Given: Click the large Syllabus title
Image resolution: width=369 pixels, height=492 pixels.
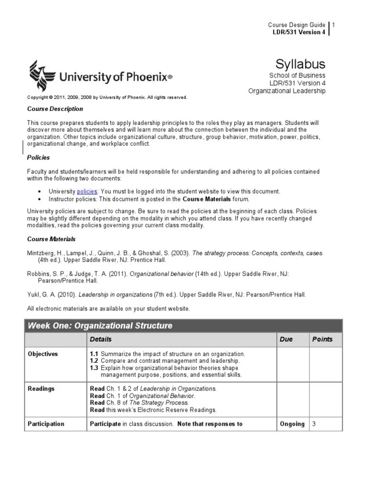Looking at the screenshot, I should [300, 64].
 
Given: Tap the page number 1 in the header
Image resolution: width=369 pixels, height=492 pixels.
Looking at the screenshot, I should [333, 25].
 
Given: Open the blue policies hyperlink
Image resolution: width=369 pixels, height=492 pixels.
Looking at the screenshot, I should [87, 191].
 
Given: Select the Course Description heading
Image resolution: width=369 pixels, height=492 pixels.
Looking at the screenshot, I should [55, 109].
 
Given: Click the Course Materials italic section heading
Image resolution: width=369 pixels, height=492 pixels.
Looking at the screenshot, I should [51, 239].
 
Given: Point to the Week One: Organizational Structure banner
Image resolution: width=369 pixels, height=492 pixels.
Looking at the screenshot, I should [100, 326].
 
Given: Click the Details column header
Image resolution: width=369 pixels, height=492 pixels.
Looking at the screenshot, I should [100, 339].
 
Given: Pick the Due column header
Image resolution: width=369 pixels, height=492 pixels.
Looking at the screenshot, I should [286, 339].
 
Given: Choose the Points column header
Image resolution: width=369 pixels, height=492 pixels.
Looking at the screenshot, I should [322, 339].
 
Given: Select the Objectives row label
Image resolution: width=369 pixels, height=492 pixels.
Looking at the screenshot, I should [43, 354].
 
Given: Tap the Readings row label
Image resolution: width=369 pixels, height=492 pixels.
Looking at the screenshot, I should [41, 389].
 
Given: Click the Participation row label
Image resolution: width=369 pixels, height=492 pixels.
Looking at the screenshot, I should [46, 424].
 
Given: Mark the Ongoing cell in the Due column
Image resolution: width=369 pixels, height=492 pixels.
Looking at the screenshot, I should [292, 424].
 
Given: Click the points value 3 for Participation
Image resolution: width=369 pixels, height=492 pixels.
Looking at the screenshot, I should [314, 424].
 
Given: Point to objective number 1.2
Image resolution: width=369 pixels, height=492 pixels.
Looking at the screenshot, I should [95, 361].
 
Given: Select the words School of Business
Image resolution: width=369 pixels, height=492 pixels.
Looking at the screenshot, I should [297, 75].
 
